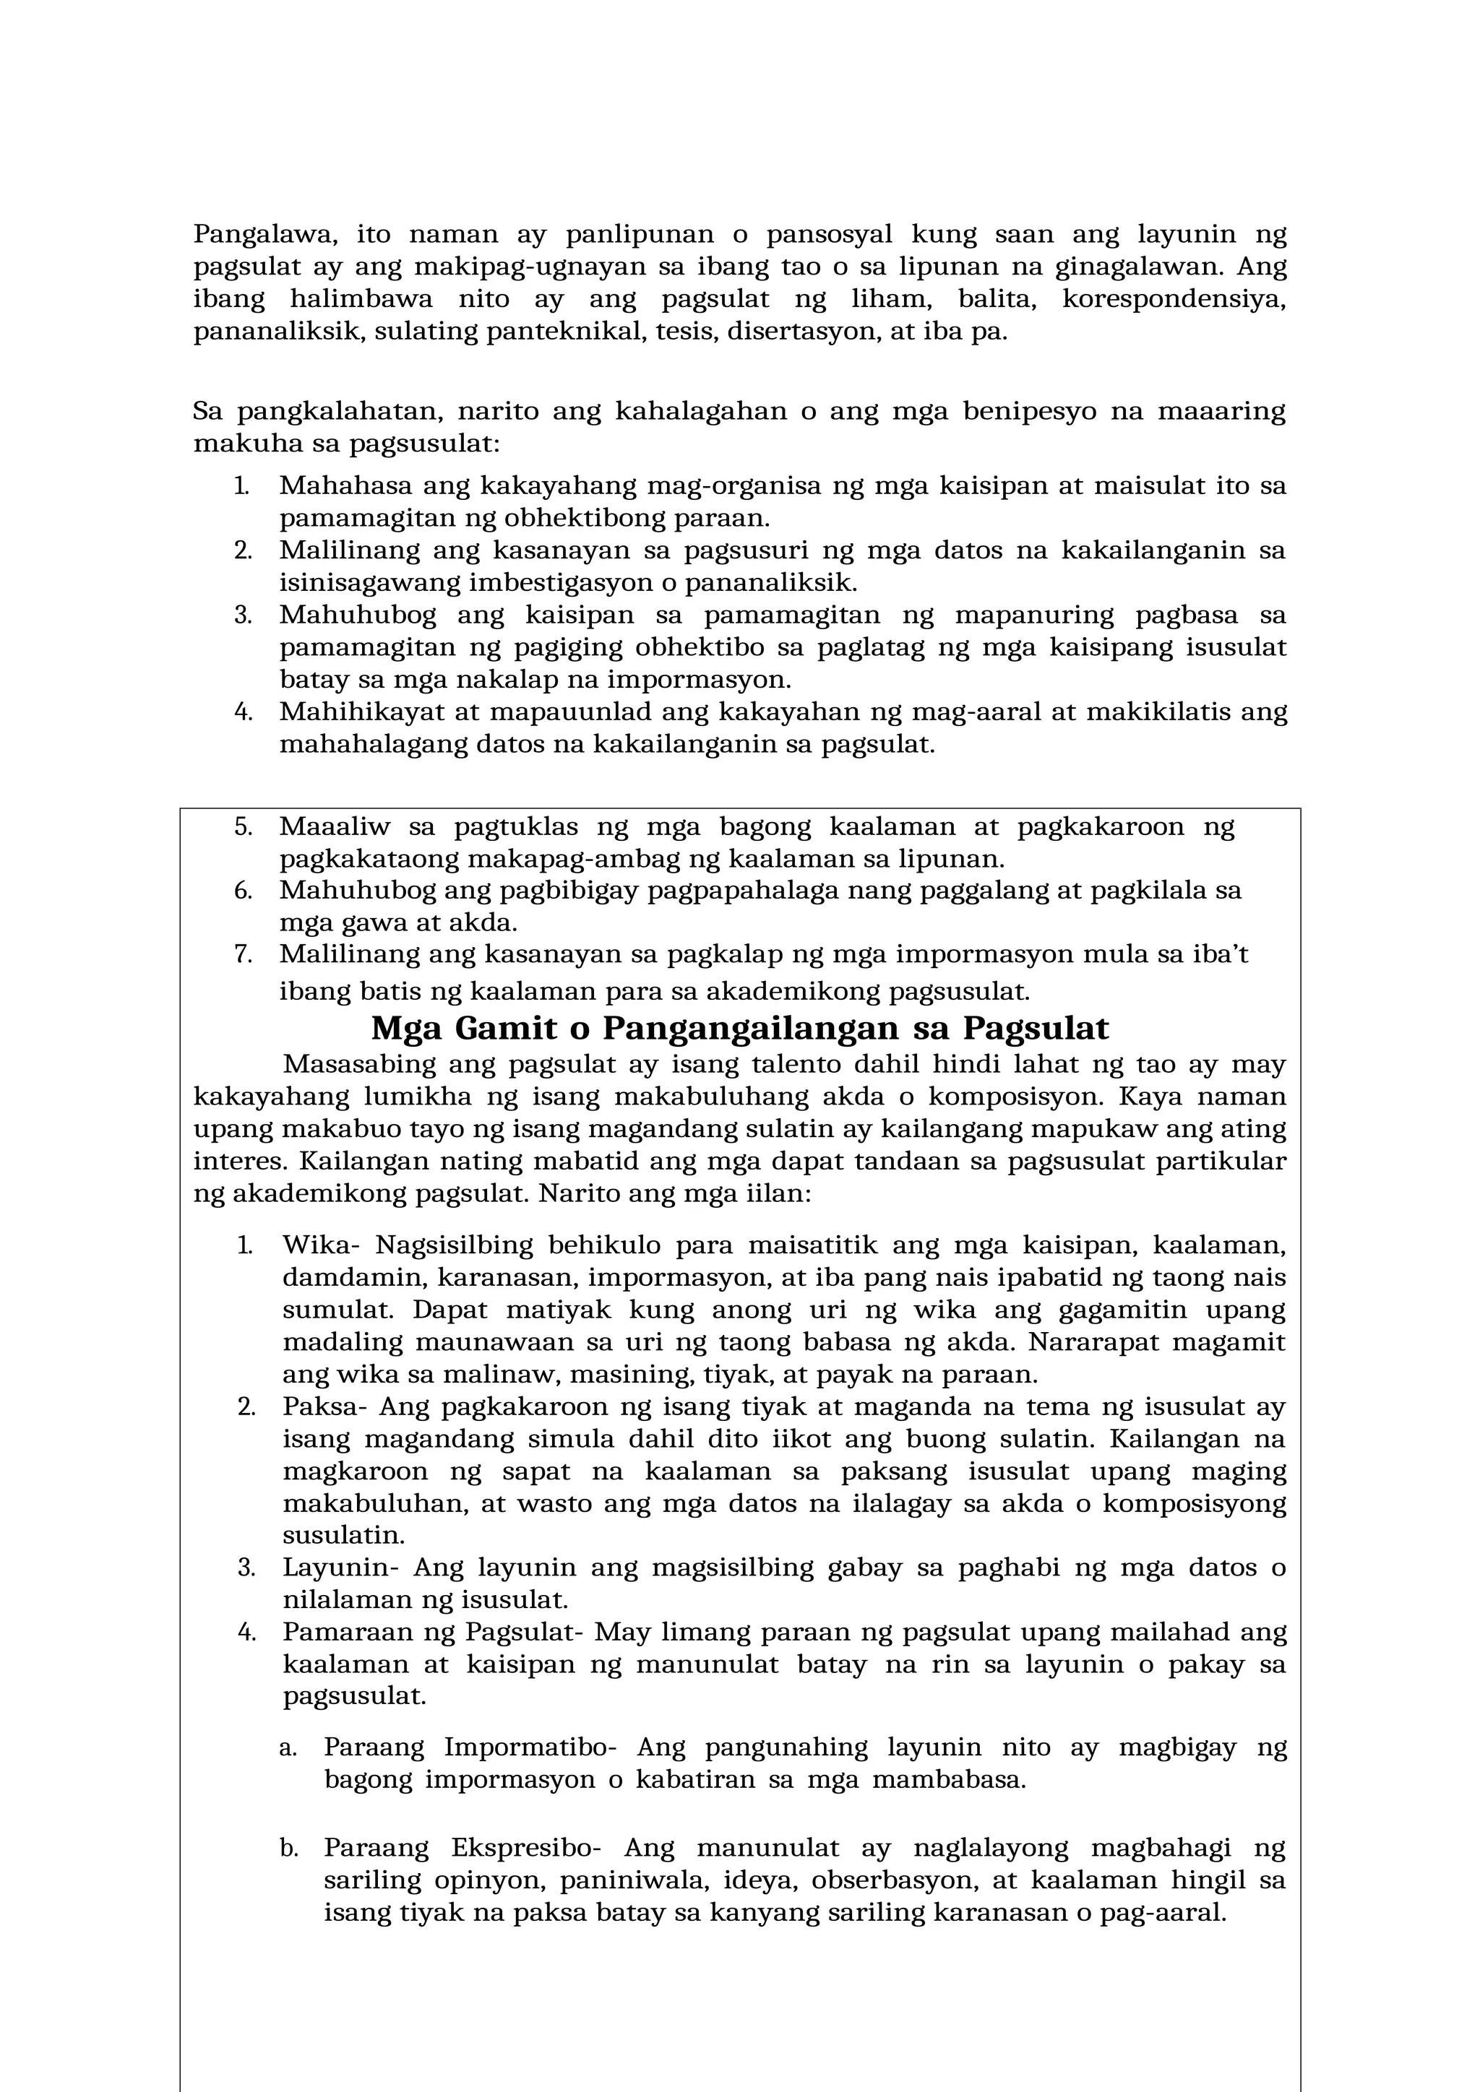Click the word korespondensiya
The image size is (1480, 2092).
tap(1174, 300)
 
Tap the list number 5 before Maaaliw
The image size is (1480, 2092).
tap(242, 827)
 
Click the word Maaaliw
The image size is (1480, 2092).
tap(335, 827)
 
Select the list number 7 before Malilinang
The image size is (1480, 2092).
tap(242, 955)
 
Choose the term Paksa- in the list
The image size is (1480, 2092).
tap(324, 1406)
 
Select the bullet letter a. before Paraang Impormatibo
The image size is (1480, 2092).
tap(288, 1747)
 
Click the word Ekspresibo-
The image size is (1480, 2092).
tap(526, 1849)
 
